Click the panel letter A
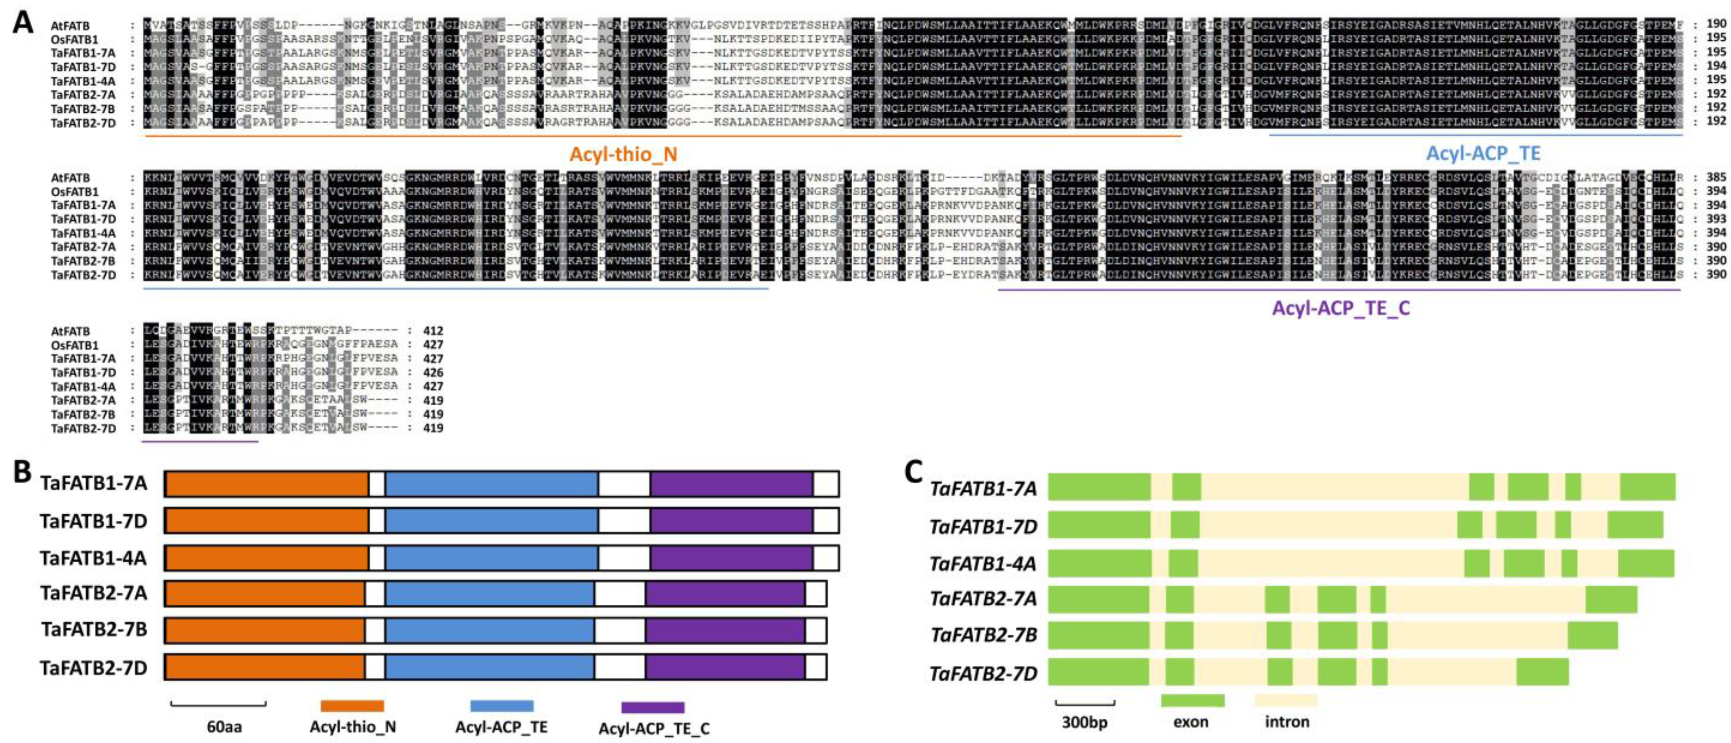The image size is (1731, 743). coord(22,22)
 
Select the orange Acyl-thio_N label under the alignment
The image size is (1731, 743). coord(623,155)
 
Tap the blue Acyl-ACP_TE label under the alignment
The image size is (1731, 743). coord(1483,153)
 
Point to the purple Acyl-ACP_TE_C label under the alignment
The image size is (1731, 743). coord(1340,308)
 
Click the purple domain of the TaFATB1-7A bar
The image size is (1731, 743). coord(731,484)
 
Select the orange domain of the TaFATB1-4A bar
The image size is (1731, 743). coord(266,558)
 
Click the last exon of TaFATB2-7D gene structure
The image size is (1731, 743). coord(1542,672)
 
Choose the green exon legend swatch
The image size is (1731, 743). coord(1192,701)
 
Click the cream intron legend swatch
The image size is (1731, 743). coord(1286,701)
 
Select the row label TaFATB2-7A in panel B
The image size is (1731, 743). coord(93,593)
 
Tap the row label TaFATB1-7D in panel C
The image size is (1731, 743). coord(983,526)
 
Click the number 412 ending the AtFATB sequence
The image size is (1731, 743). coord(433,331)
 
